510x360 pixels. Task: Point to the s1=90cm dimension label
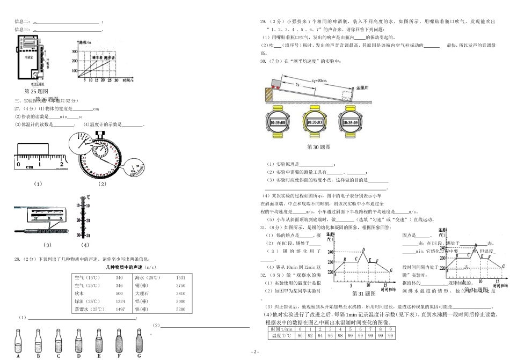(319, 80)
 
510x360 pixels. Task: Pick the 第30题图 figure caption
(317, 146)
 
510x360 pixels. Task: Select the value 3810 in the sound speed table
(180, 294)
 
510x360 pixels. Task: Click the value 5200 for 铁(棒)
(180, 310)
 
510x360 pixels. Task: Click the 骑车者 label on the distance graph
(98, 56)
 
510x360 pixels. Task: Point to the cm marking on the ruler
(30, 167)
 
